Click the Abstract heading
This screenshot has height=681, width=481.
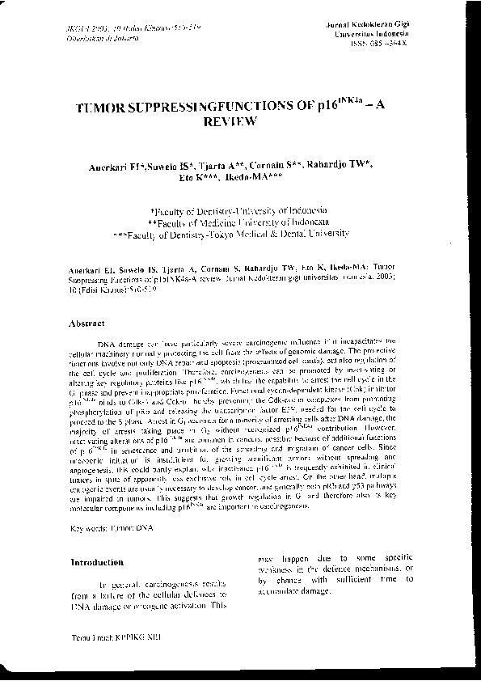click(89, 323)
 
